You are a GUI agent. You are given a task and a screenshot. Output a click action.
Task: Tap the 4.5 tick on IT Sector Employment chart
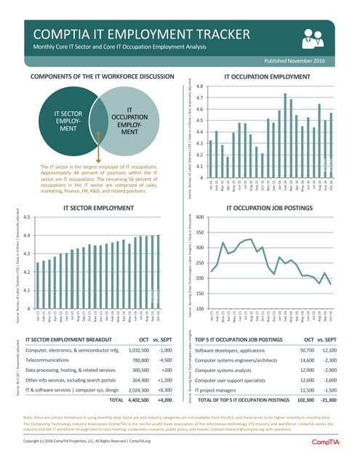pos(26,217)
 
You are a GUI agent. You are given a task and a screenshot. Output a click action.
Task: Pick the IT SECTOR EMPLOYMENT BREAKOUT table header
pos(69,339)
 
